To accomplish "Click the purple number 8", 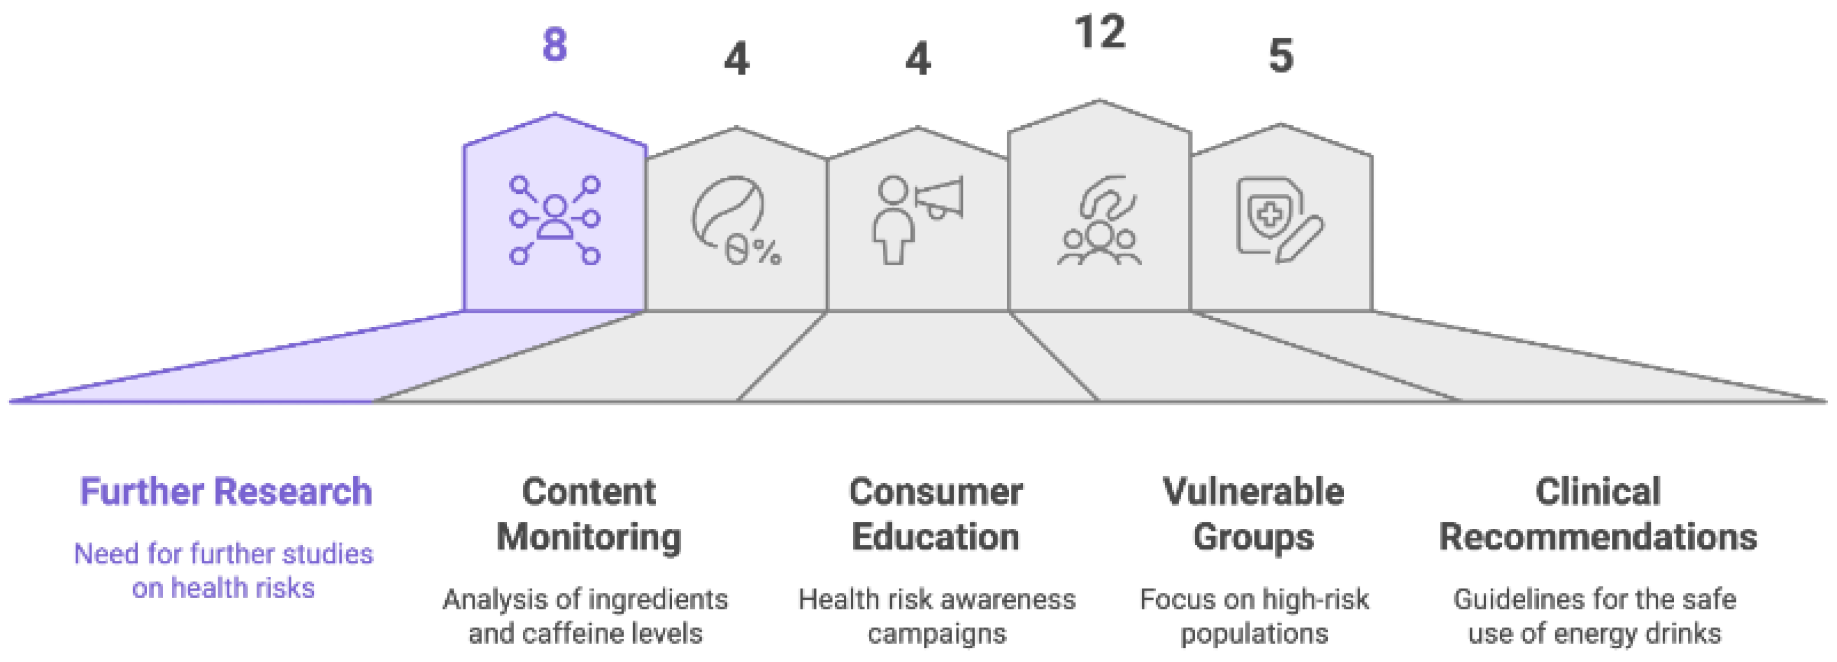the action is click(555, 45).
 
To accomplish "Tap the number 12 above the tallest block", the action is click(1100, 32).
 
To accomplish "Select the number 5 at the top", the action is click(1281, 55).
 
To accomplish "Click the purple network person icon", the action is click(555, 220).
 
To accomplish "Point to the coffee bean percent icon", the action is click(735, 221).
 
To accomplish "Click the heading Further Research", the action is click(225, 492).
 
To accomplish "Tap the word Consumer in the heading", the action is click(935, 492).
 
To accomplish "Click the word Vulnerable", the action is click(1253, 492).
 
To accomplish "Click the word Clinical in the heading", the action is click(1598, 492).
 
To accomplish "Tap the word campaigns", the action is click(936, 633).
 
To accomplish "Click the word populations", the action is click(1254, 633).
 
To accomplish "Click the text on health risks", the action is click(223, 588).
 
